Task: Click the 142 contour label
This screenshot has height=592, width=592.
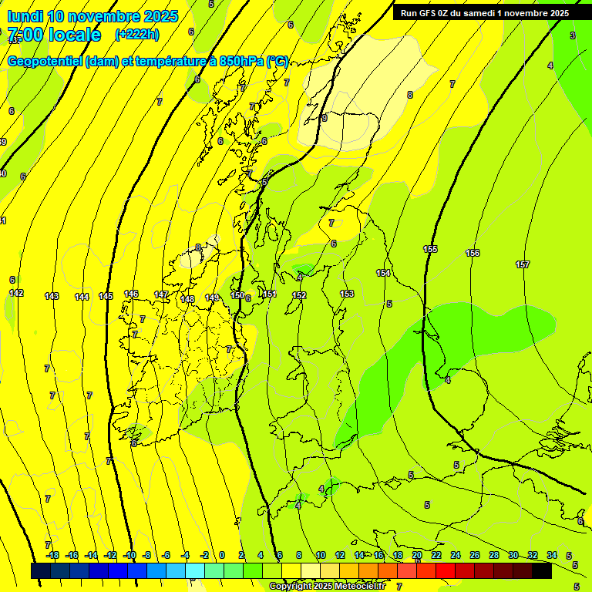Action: point(16,293)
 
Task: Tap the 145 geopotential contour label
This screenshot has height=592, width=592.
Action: point(106,296)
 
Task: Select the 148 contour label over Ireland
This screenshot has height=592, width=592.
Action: point(188,299)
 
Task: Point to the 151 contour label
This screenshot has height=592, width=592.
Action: point(270,294)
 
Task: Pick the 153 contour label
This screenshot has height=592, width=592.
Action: point(347,294)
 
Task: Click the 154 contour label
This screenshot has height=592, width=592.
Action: point(383,273)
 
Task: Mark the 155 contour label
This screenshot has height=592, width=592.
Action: point(430,249)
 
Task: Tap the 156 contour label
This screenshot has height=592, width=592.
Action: point(473,253)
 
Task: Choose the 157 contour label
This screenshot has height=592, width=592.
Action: point(523,264)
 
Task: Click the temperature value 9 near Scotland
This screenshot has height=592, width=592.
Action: point(325,118)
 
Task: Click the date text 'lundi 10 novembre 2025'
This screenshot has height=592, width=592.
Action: point(92,16)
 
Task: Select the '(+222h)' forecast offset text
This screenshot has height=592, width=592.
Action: point(137,34)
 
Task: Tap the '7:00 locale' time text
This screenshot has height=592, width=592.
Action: point(54,35)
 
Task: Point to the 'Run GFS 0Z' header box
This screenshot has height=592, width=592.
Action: point(485,13)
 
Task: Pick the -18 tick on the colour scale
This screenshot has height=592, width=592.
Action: point(52,555)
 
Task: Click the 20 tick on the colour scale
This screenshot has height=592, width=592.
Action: point(416,555)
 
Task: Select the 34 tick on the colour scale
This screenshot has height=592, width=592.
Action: point(552,555)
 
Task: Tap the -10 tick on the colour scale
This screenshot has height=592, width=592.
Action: point(129,555)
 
